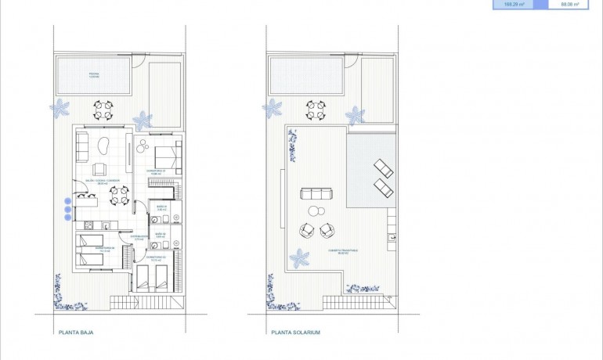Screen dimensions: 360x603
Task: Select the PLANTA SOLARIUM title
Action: [x=296, y=332]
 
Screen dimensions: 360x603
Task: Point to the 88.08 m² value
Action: [x=569, y=5]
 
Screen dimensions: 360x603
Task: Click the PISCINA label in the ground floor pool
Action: [x=92, y=75]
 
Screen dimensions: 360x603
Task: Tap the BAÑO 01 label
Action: [x=162, y=210]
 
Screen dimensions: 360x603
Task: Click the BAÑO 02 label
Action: [x=160, y=235]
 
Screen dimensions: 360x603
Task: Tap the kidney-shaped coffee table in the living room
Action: [x=102, y=145]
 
